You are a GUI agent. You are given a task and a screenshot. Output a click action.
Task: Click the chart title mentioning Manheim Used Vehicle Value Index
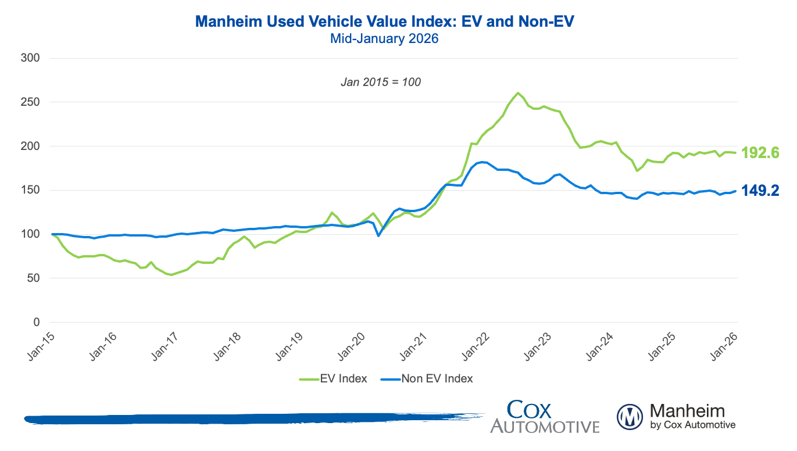384,22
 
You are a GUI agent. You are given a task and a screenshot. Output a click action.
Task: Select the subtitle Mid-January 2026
384,40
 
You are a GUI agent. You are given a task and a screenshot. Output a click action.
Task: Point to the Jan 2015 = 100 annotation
381,83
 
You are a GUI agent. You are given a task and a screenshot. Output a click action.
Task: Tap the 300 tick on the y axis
31,58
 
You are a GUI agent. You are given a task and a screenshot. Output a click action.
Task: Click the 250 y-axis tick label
31,102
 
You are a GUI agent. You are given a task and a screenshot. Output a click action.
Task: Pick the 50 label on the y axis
33,278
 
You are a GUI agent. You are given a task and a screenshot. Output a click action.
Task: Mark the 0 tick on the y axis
36,323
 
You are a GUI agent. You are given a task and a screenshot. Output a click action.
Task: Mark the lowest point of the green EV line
171,275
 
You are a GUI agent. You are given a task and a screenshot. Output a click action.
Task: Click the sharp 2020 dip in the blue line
378,235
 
